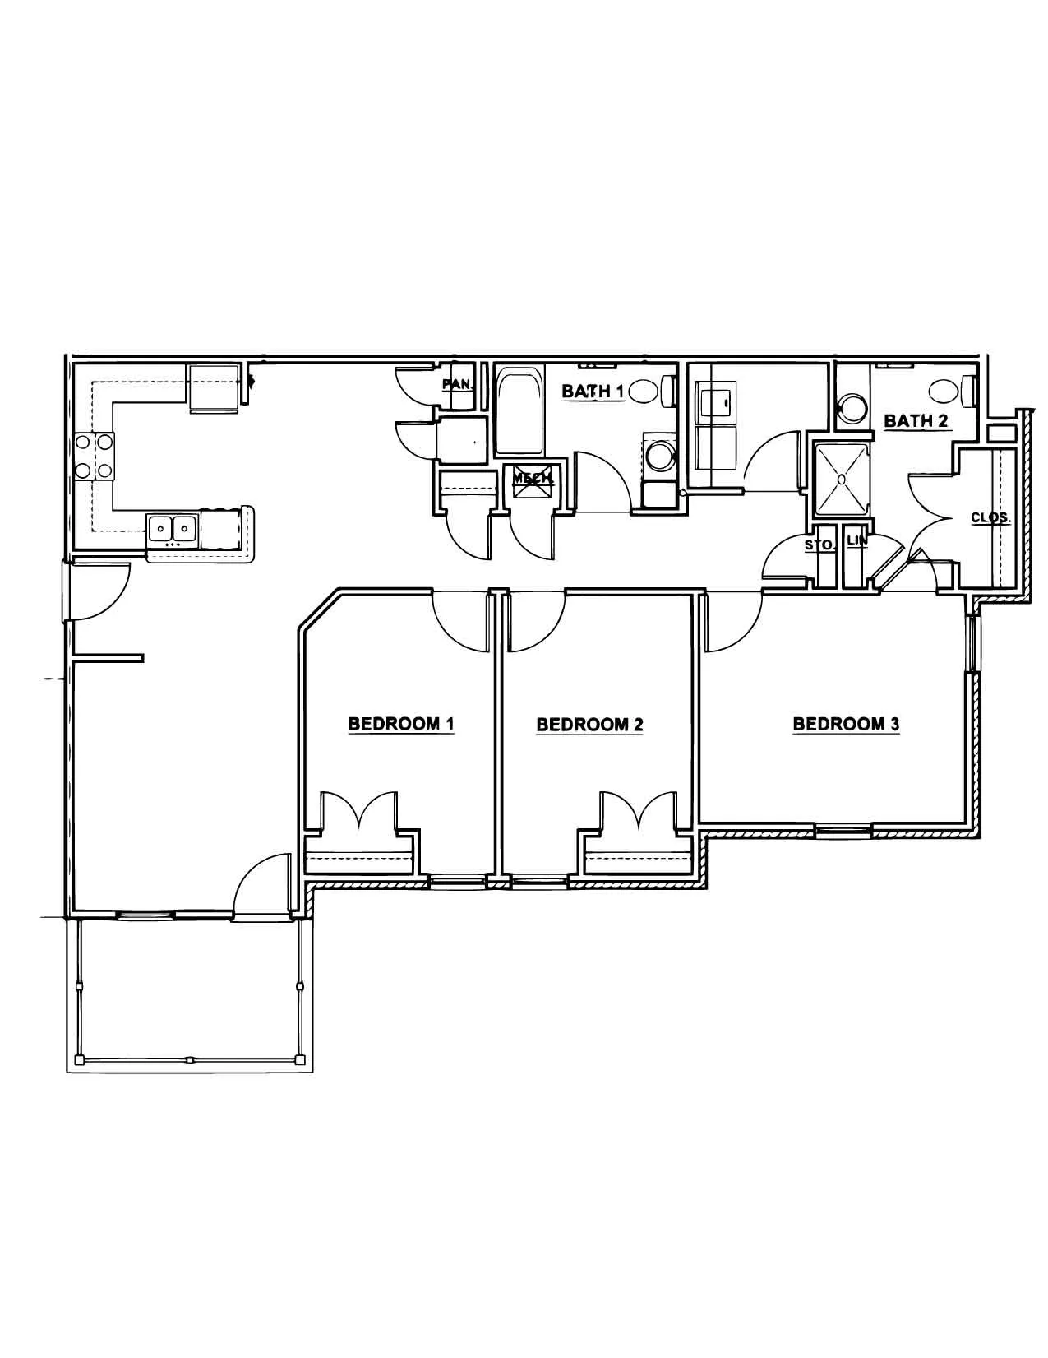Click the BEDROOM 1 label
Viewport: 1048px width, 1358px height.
coord(401,724)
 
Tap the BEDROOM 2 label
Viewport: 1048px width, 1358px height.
coord(589,725)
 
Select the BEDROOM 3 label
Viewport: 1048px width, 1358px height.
coord(847,724)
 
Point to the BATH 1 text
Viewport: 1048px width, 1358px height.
coord(593,392)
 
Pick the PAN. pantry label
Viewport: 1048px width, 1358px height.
coord(458,384)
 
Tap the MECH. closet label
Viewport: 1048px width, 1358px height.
coord(533,479)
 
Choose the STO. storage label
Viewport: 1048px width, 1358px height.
coord(819,545)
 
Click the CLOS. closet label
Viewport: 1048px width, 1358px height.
coord(990,517)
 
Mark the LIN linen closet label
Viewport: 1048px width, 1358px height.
coord(857,541)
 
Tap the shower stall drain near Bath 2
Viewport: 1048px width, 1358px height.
coord(841,480)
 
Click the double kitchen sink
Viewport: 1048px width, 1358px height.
coord(173,530)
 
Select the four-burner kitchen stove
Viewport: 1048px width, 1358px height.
coord(94,456)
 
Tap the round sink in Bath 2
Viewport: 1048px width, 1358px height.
coord(852,409)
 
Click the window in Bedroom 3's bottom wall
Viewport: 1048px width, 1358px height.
coord(843,830)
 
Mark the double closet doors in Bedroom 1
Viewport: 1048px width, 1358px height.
coord(359,810)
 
